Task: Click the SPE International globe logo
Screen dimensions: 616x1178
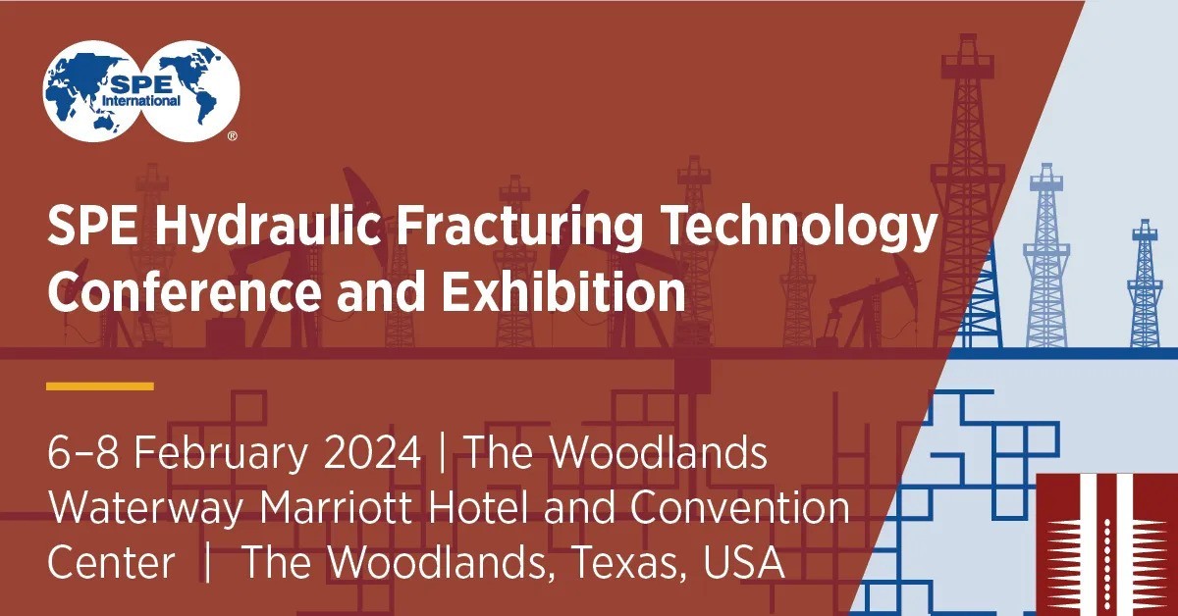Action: (x=141, y=86)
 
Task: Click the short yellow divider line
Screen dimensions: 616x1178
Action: (x=100, y=386)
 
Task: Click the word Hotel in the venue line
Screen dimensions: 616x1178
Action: (x=531, y=508)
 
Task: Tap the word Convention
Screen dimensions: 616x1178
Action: (x=738, y=508)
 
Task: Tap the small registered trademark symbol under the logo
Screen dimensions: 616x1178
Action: (x=232, y=137)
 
